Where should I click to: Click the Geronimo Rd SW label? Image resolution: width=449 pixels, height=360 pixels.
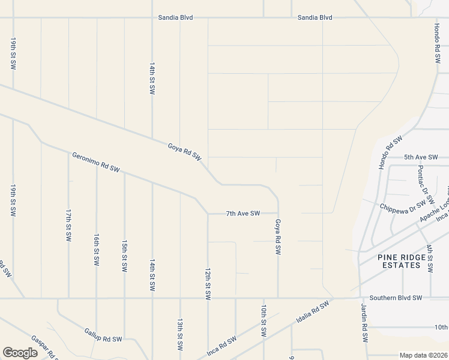[x=96, y=163]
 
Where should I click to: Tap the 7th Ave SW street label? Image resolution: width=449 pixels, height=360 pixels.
[x=243, y=213]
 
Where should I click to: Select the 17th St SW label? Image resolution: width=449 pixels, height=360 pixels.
[x=68, y=225]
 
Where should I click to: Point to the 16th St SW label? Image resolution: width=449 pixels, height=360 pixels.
[x=96, y=250]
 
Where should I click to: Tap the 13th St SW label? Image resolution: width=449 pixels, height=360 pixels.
[x=179, y=335]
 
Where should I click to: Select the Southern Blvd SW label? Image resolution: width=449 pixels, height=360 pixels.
[x=396, y=298]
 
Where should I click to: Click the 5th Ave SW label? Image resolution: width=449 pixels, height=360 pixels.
[x=418, y=157]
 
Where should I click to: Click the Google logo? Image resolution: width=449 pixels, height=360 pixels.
[x=20, y=353]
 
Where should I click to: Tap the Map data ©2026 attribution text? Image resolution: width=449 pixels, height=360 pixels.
[x=423, y=355]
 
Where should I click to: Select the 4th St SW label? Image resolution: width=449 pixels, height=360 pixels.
[x=430, y=259]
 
